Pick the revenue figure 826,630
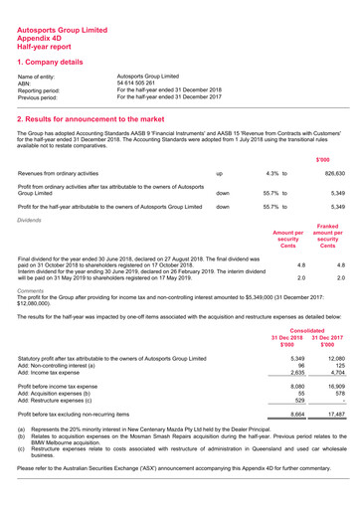[x=329, y=173]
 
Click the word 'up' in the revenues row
[x=219, y=173]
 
